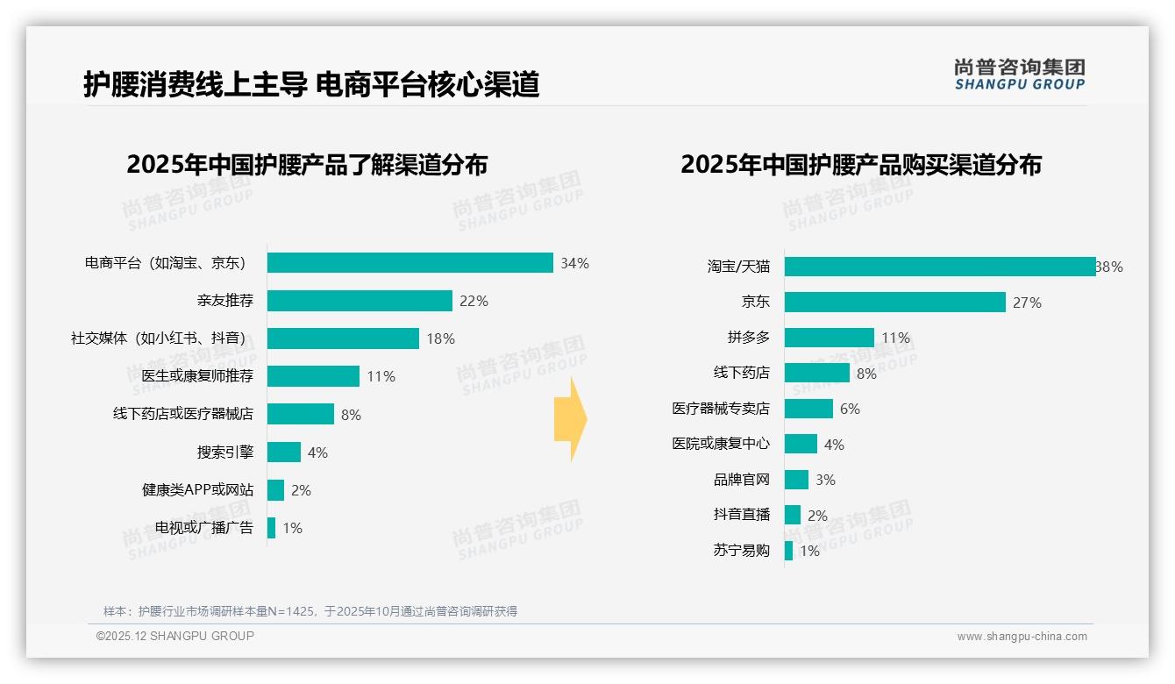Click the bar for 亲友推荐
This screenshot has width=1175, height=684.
[360, 301]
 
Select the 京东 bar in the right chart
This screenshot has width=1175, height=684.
[894, 303]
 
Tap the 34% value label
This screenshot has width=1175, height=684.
[575, 263]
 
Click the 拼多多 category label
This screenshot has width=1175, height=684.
[748, 338]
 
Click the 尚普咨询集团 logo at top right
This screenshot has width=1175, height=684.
[1019, 75]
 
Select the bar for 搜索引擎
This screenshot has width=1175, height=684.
[284, 452]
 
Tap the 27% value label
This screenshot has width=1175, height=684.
[1027, 303]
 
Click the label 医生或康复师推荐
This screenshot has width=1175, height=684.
[197, 376]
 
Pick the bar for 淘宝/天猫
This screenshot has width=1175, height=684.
[939, 267]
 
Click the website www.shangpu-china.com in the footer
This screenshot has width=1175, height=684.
[1022, 637]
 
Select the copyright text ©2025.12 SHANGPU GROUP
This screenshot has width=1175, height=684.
[175, 636]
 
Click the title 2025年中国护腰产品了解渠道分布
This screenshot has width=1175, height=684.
[307, 165]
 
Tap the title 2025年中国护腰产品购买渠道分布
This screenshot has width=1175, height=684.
[860, 165]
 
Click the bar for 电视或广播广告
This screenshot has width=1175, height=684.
[272, 528]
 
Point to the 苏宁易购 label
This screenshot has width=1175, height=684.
[741, 551]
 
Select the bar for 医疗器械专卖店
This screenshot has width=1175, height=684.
[808, 409]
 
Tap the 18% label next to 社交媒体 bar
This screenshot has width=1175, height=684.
[440, 338]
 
